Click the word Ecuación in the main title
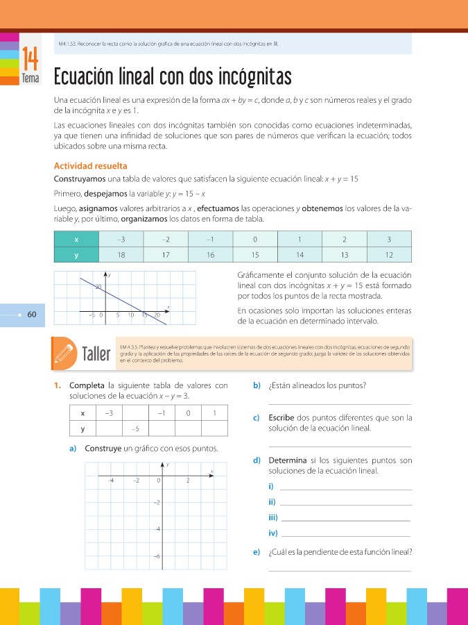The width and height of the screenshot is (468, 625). click(x=87, y=76)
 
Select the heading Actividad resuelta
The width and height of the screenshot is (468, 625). click(x=90, y=166)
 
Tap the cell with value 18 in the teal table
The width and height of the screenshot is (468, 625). click(x=121, y=255)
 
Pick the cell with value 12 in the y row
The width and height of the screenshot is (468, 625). click(x=389, y=255)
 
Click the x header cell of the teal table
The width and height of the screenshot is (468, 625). click(x=76, y=239)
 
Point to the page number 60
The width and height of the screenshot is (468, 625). click(x=32, y=315)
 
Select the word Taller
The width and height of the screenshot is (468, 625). click(x=96, y=354)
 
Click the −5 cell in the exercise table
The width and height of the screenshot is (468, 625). click(x=137, y=428)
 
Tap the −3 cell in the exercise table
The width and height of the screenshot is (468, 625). click(x=109, y=414)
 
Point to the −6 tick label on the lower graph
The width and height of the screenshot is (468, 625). click(x=157, y=557)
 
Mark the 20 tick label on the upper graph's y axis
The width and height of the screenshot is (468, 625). click(x=98, y=286)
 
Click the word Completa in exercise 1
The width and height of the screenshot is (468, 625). click(x=88, y=385)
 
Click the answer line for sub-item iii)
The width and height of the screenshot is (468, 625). click(x=347, y=519)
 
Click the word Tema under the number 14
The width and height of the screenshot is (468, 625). click(x=31, y=79)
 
